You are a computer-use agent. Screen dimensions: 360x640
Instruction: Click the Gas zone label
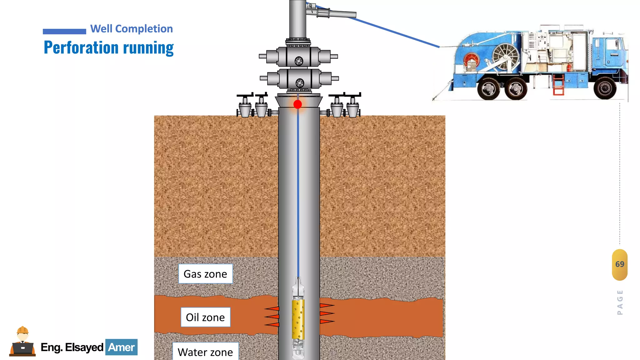click(x=205, y=274)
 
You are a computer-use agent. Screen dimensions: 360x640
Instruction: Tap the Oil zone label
click(x=205, y=317)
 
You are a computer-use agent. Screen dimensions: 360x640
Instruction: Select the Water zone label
click(x=205, y=352)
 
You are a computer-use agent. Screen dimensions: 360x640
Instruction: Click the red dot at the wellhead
click(x=297, y=104)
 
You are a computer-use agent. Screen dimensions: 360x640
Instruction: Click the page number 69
click(x=620, y=264)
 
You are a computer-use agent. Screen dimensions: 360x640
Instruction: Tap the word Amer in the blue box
click(x=121, y=347)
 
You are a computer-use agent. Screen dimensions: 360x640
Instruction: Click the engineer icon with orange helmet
click(x=22, y=342)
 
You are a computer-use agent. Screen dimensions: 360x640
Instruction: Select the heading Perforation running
click(x=108, y=48)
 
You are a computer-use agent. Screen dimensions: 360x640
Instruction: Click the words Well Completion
click(x=131, y=29)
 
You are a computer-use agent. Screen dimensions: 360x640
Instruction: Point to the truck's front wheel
click(x=605, y=88)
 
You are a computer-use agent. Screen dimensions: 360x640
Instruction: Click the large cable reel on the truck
click(x=505, y=56)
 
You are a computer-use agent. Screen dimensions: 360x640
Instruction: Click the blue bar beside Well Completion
click(x=64, y=31)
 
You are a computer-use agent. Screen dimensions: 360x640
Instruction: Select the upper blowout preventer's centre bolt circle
click(x=299, y=61)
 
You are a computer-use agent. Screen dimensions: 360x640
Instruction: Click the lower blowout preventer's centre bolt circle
click(x=300, y=83)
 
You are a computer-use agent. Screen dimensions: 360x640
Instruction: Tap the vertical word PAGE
click(x=620, y=302)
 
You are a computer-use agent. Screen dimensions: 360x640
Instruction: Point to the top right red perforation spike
click(x=327, y=305)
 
